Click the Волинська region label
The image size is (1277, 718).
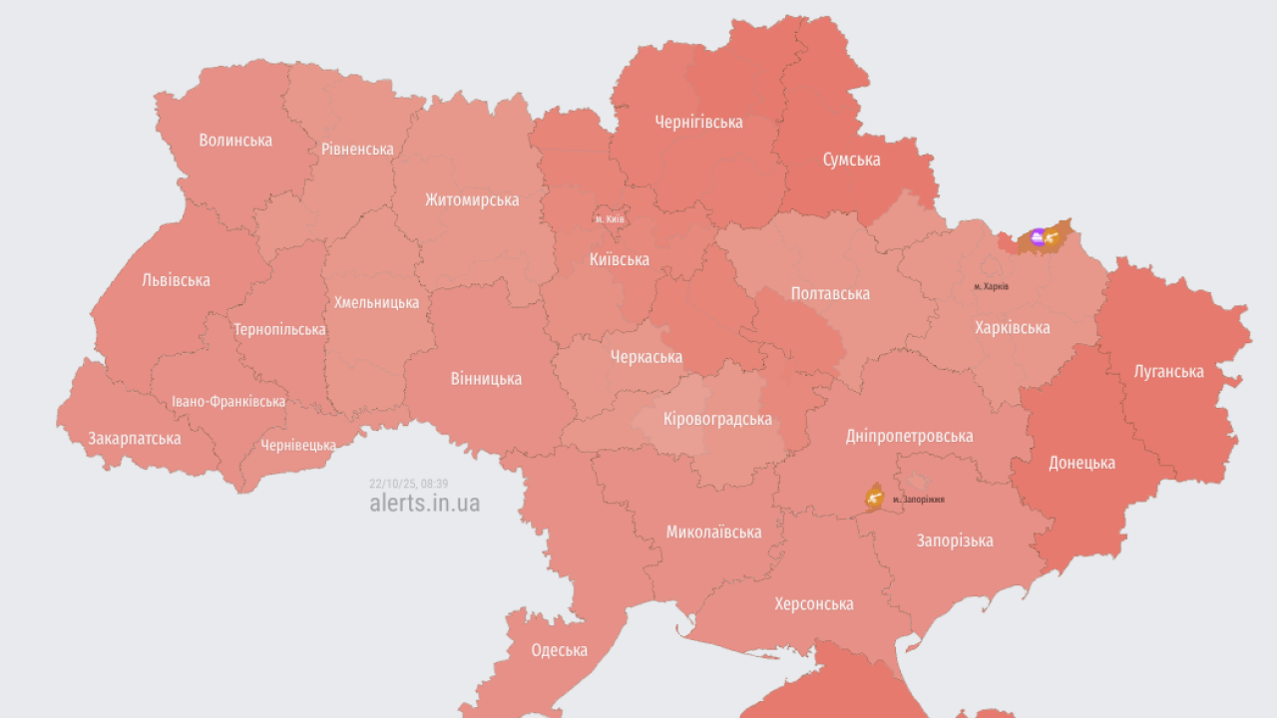[235, 141]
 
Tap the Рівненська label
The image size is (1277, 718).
[357, 150]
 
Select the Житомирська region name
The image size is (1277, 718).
[472, 199]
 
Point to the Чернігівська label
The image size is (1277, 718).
[698, 123]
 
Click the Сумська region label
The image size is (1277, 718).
[851, 160]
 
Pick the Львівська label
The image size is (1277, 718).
[176, 280]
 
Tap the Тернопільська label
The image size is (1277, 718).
[279, 329]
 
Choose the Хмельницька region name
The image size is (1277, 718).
[376, 302]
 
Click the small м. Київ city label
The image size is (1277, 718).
[610, 219]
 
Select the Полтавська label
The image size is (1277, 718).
[830, 293]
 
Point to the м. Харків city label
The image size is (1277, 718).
[992, 286]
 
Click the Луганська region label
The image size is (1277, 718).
[1169, 372]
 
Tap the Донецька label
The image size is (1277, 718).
[1081, 463]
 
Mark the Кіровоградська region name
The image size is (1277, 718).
[717, 419]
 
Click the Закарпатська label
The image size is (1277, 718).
[135, 439]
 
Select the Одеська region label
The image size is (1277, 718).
[559, 651]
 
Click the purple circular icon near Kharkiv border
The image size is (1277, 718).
[1038, 236]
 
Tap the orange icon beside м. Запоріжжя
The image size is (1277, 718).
[874, 496]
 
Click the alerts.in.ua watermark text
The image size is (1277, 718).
[424, 503]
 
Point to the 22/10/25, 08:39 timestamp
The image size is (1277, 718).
[409, 484]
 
